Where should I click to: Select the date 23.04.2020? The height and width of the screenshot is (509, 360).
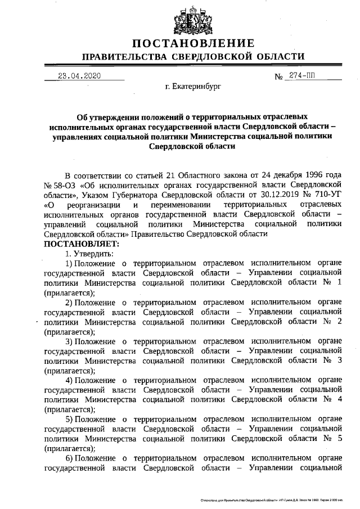tap(79, 76)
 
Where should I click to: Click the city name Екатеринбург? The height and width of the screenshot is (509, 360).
tap(193, 88)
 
